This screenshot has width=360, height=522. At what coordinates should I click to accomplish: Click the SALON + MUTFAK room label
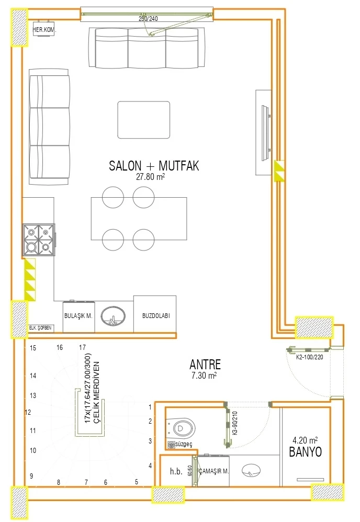(x=154, y=165)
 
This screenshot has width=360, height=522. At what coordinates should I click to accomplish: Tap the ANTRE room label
(x=205, y=365)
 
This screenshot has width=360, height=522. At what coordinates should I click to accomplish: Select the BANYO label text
(x=306, y=452)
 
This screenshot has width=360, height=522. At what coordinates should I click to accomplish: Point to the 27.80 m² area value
(x=150, y=176)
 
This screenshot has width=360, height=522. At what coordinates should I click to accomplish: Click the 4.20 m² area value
(x=305, y=440)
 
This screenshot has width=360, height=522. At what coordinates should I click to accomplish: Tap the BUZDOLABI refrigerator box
(x=155, y=314)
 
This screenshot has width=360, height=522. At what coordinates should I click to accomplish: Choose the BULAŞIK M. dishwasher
(x=78, y=316)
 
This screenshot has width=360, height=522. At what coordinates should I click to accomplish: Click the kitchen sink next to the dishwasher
(x=113, y=316)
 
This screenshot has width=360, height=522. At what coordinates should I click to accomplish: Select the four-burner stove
(x=39, y=240)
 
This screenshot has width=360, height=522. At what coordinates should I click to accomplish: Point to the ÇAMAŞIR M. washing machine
(x=213, y=471)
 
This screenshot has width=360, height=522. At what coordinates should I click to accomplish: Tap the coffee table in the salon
(x=143, y=120)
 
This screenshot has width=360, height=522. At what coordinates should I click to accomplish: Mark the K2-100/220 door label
(x=310, y=357)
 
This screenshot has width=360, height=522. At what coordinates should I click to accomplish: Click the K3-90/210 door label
(x=235, y=423)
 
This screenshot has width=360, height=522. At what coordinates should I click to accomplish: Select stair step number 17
(x=82, y=347)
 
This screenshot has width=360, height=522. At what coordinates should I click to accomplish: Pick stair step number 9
(x=31, y=476)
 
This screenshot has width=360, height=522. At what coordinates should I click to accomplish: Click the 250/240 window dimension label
(x=148, y=19)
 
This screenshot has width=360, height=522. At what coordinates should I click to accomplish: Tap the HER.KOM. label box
(x=44, y=30)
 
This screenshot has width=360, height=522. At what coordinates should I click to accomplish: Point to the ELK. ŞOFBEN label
(x=40, y=327)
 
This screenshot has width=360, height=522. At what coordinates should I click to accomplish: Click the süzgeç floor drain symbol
(x=171, y=445)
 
